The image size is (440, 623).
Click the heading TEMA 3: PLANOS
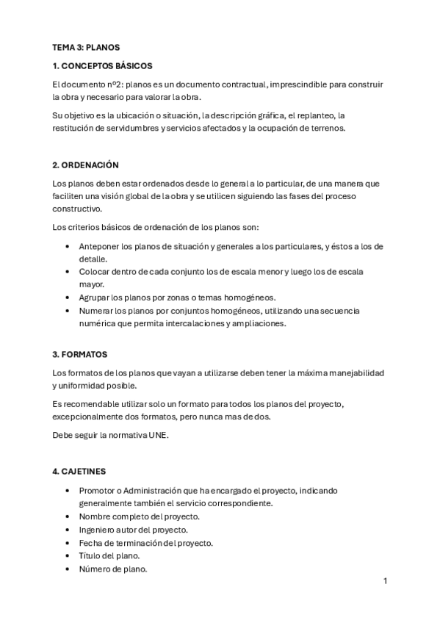(x=85, y=47)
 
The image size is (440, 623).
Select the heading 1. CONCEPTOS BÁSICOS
(x=102, y=66)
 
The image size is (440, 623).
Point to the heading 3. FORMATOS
(x=80, y=354)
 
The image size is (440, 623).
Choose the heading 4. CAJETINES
(x=83, y=470)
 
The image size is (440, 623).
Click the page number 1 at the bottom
(x=385, y=581)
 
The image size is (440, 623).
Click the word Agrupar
(x=93, y=297)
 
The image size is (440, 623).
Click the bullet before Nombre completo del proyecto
(x=68, y=516)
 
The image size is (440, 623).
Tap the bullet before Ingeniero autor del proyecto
(x=68, y=530)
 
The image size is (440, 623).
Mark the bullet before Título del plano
(x=68, y=556)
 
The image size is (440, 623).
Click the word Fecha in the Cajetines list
(x=90, y=543)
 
